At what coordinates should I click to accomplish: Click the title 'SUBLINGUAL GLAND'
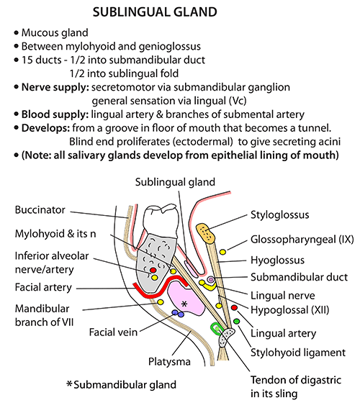pyautogui.click(x=155, y=12)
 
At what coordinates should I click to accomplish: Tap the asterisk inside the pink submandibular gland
pyautogui.click(x=184, y=304)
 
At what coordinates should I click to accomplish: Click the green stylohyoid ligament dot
pyautogui.click(x=236, y=322)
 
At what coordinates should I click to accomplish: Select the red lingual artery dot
pyautogui.click(x=234, y=308)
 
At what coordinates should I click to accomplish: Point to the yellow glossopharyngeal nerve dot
pyautogui.click(x=222, y=252)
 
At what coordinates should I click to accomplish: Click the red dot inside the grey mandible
pyautogui.click(x=153, y=270)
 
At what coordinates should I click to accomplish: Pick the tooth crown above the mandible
pyautogui.click(x=161, y=220)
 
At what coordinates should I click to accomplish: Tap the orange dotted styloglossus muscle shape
pyautogui.click(x=206, y=233)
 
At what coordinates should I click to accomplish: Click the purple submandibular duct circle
pyautogui.click(x=210, y=280)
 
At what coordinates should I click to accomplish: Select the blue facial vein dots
pyautogui.click(x=178, y=313)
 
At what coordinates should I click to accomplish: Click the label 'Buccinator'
pyautogui.click(x=40, y=209)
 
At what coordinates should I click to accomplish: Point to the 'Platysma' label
pyautogui.click(x=169, y=361)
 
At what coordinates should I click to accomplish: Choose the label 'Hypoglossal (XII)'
pyautogui.click(x=289, y=310)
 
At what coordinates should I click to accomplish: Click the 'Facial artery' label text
pyautogui.click(x=43, y=287)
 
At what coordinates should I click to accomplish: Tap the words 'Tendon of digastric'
pyautogui.click(x=296, y=380)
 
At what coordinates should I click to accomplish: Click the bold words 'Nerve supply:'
pyautogui.click(x=55, y=87)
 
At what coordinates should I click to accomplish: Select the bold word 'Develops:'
pyautogui.click(x=46, y=128)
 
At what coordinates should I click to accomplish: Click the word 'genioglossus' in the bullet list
pyautogui.click(x=170, y=47)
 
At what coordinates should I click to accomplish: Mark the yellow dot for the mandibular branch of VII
pyautogui.click(x=160, y=302)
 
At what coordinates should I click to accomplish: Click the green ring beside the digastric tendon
pyautogui.click(x=215, y=328)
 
